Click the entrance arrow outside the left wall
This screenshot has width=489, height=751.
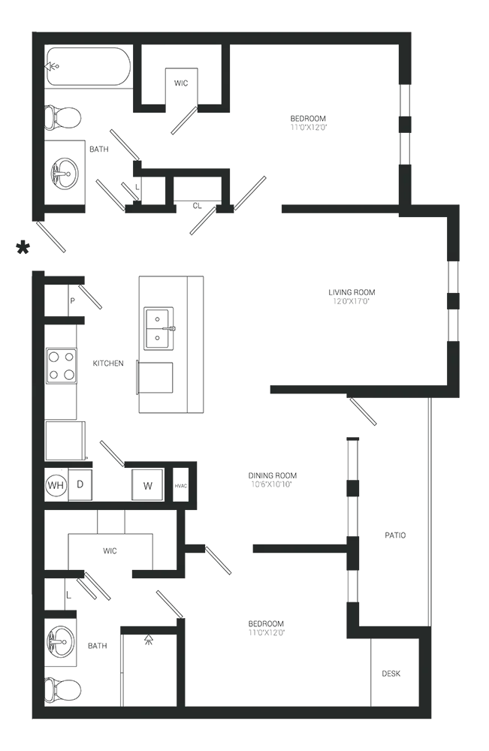[x=23, y=244]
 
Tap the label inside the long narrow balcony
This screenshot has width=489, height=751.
[x=396, y=535]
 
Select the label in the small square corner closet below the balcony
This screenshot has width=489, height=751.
[x=389, y=672]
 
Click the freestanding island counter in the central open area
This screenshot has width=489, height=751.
[x=171, y=342]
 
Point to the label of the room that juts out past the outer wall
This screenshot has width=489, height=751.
[x=351, y=297]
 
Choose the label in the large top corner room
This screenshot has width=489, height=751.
[x=309, y=123]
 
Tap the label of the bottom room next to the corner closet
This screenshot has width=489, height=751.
[x=267, y=627]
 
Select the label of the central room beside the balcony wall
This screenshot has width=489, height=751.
[x=273, y=478]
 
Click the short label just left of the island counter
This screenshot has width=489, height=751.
[x=110, y=362]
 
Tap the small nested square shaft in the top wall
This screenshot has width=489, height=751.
[x=179, y=81]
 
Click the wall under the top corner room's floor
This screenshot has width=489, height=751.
[x=338, y=210]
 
